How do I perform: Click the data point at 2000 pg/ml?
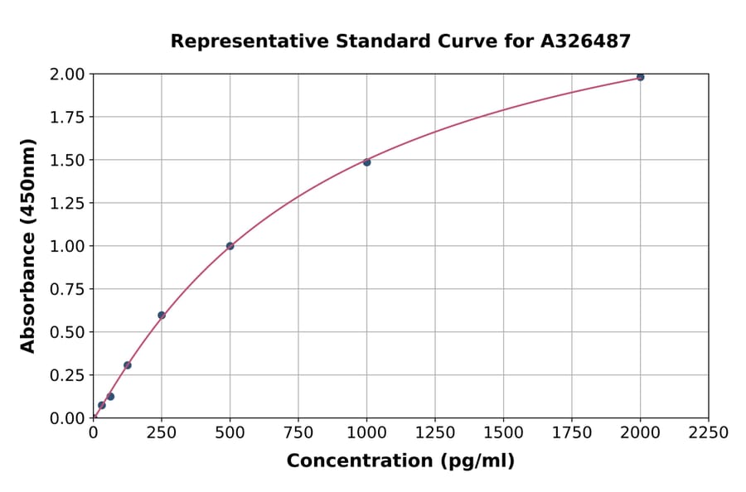[640, 77]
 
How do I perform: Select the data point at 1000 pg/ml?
[366, 162]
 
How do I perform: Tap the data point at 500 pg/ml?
[230, 246]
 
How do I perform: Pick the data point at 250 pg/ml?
[162, 315]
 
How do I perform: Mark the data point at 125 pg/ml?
[128, 365]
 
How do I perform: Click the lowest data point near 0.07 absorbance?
[102, 405]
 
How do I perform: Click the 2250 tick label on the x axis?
[709, 432]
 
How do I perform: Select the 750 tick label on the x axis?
[298, 432]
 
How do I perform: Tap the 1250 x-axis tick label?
[435, 432]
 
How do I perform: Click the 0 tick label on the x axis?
[93, 432]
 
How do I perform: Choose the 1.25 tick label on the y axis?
[67, 203]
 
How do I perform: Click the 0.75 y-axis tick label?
[67, 289]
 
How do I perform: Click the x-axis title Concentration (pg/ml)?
[400, 461]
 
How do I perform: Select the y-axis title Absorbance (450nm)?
[28, 245]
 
